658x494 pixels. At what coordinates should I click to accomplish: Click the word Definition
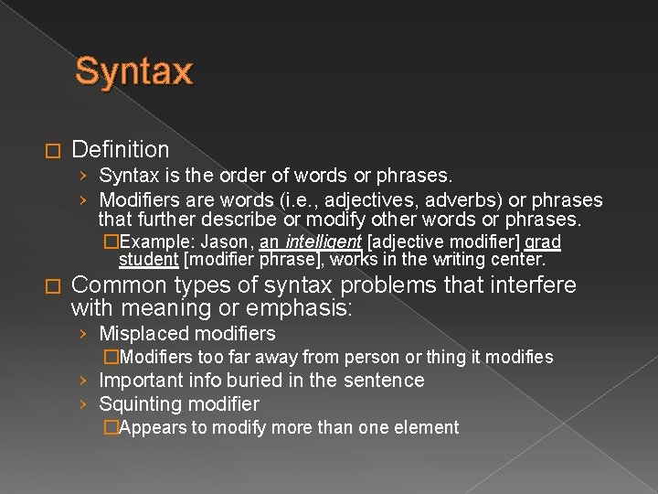[121, 149]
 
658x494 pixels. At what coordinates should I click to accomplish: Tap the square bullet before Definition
[51, 150]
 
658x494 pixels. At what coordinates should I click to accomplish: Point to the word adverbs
[453, 199]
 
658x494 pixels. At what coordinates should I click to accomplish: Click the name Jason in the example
[225, 242]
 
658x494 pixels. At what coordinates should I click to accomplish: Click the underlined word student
[149, 259]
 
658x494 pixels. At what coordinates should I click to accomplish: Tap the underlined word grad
[543, 242]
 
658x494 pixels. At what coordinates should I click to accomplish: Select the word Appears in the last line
[153, 427]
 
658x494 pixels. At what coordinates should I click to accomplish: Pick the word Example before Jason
[153, 242]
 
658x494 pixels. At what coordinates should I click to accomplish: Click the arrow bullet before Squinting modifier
[83, 404]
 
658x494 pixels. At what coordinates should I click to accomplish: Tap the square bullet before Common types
[51, 286]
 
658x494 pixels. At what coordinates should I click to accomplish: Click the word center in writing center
[517, 259]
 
